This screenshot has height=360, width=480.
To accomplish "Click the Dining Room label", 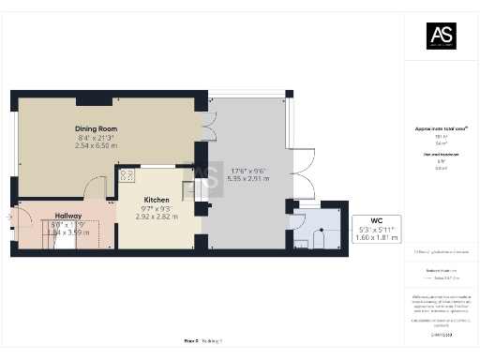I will (x=95, y=130).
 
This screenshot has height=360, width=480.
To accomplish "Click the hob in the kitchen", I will (x=127, y=174).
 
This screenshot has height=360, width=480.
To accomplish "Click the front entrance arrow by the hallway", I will (x=9, y=218).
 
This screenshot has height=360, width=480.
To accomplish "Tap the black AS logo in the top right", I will (x=441, y=36).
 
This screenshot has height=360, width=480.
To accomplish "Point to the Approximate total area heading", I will (x=440, y=128).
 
